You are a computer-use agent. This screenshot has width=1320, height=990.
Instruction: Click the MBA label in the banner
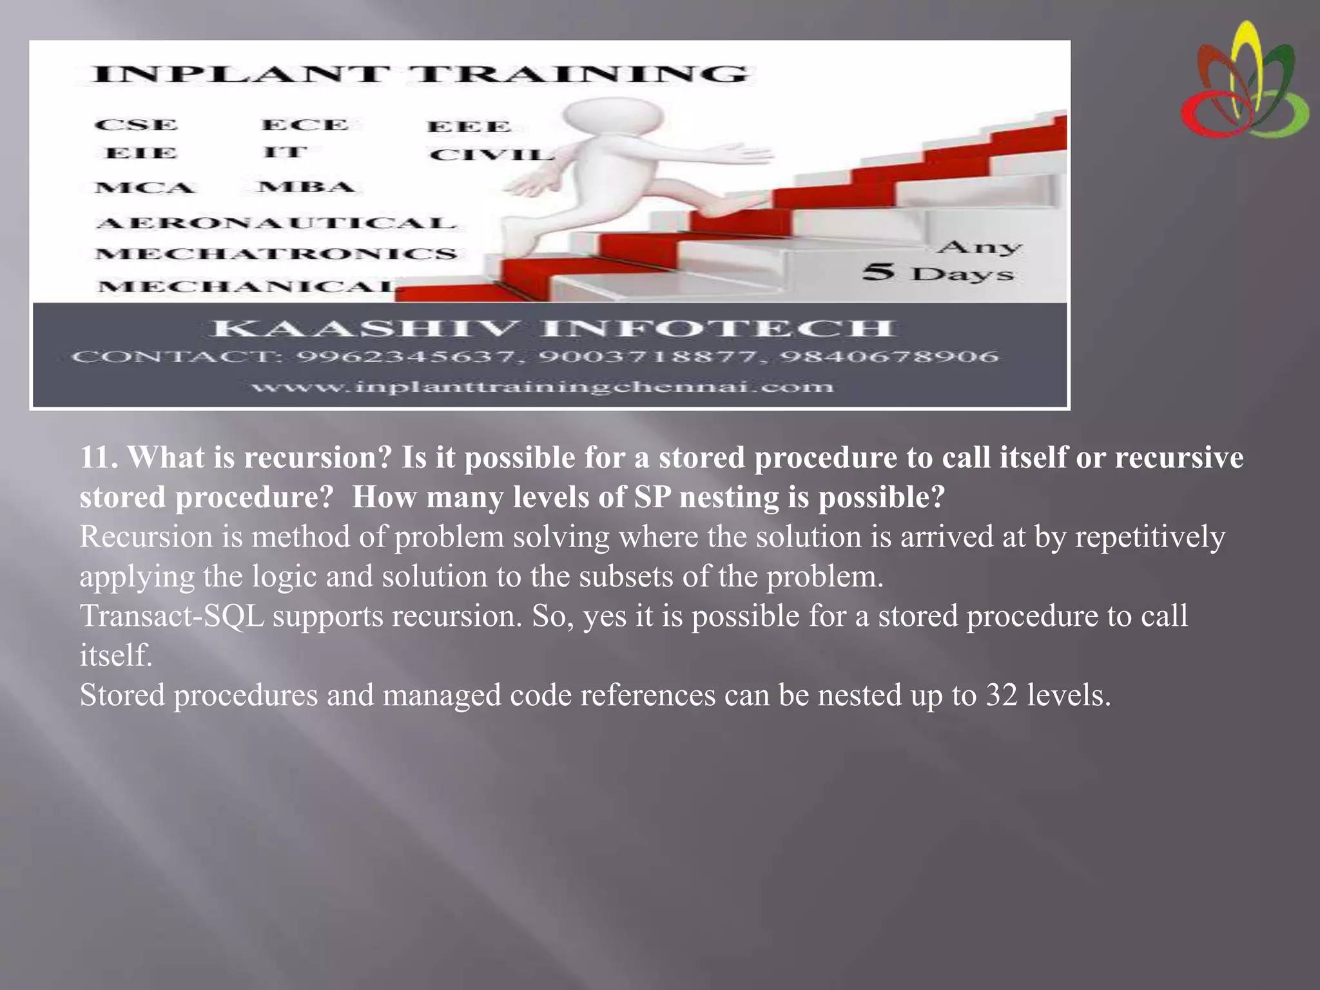click(x=306, y=187)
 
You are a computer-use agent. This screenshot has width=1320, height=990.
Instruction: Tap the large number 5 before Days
click(x=878, y=271)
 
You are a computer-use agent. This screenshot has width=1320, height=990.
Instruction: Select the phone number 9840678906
click(x=890, y=356)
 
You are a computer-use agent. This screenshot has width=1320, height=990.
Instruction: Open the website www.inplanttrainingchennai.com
click(x=542, y=387)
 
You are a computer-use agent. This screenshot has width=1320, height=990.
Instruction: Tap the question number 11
click(x=98, y=458)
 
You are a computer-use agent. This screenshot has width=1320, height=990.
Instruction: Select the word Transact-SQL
click(x=172, y=616)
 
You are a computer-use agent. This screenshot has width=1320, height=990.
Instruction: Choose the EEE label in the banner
click(x=469, y=126)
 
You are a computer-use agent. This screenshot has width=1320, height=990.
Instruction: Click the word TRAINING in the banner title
click(x=580, y=74)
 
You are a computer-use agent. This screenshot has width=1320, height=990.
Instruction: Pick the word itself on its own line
click(x=116, y=655)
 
